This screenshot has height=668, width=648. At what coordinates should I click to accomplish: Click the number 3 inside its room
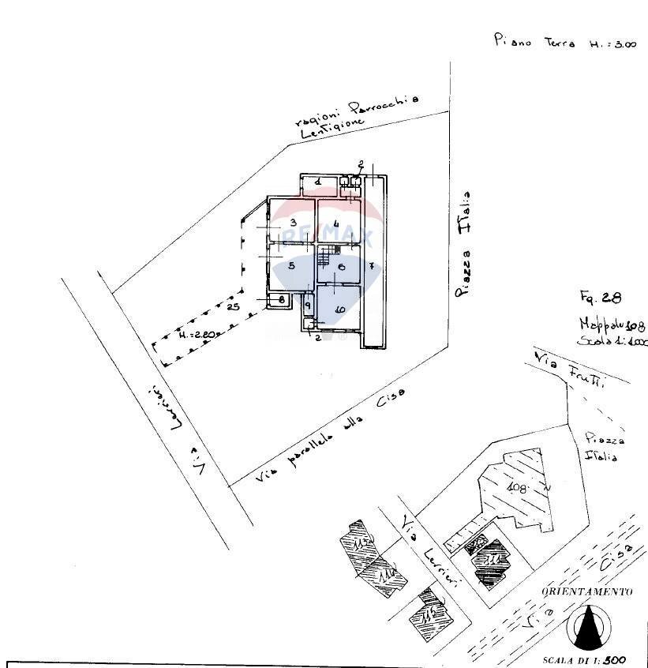[x=292, y=222]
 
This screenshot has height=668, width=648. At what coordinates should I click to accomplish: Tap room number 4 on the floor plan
[x=337, y=224]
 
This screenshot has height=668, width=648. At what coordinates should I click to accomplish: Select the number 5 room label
[x=291, y=266]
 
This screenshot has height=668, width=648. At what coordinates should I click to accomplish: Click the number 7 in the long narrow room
[x=371, y=266]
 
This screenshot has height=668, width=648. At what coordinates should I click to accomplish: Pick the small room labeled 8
[x=275, y=299]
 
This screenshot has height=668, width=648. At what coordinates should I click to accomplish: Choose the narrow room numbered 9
[x=307, y=305]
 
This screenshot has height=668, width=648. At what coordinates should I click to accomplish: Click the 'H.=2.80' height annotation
[x=196, y=335]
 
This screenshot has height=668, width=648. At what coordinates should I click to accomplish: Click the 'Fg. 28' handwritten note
[x=600, y=298]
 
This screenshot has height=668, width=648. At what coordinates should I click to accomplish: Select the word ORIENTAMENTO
[x=586, y=591]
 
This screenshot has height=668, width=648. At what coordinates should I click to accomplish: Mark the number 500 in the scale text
[x=614, y=660]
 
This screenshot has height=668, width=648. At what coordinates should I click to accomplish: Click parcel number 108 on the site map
[x=517, y=486]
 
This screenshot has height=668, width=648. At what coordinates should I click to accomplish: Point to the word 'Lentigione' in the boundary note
[x=332, y=127]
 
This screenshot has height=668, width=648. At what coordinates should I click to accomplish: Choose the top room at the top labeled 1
[x=317, y=182]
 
